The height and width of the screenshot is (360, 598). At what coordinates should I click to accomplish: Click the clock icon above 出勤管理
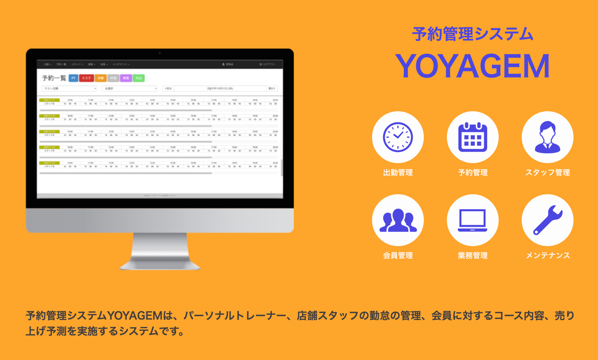coord(398,137)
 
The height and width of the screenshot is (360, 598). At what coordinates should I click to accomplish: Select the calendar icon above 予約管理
coord(472,137)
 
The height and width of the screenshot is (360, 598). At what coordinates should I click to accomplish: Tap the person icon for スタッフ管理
coord(547,137)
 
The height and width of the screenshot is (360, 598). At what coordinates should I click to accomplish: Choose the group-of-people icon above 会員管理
coord(398,220)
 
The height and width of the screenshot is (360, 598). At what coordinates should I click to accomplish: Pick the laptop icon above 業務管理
coord(472,220)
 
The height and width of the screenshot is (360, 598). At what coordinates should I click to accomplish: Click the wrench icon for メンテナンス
coord(547,220)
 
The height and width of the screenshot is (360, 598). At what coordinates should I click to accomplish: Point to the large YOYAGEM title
coord(472,66)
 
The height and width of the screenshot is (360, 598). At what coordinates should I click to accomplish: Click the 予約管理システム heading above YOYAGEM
coord(472,34)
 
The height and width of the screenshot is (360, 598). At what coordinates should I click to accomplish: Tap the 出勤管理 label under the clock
coord(398,172)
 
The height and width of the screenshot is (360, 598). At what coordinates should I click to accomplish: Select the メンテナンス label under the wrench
coord(547,255)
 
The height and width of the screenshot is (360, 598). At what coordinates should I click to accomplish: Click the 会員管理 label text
coord(398,255)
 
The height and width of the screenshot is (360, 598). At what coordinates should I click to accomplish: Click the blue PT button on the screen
coord(74,78)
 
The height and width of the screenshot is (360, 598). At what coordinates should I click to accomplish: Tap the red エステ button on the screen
coord(86,78)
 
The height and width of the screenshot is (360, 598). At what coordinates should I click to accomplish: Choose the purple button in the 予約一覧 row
coord(126,78)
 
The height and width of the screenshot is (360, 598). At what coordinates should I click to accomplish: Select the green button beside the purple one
coord(138,78)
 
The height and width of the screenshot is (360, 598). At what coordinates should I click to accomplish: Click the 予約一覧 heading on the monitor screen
coord(54,78)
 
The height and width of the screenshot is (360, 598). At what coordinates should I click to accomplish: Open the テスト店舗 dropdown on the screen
coord(69,89)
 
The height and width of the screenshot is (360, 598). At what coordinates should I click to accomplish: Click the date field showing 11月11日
coord(220,89)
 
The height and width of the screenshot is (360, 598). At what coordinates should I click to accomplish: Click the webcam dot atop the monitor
coord(159,53)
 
